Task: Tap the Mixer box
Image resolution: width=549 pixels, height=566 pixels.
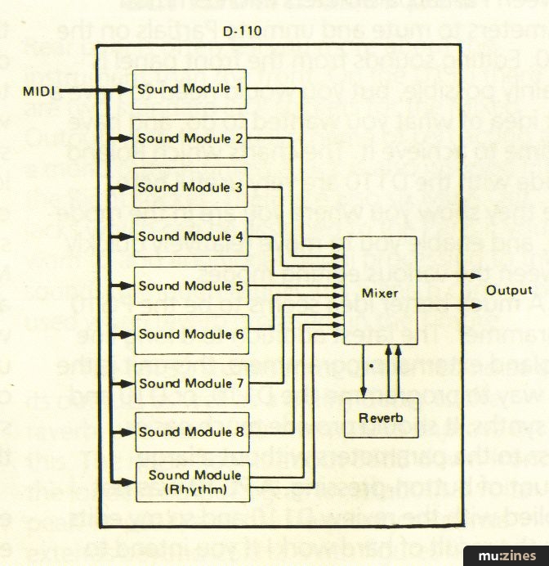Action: (x=367, y=291)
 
